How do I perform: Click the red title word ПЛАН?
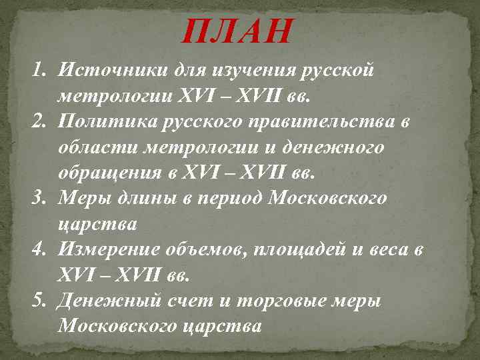[237, 31]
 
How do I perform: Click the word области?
[94, 147]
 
